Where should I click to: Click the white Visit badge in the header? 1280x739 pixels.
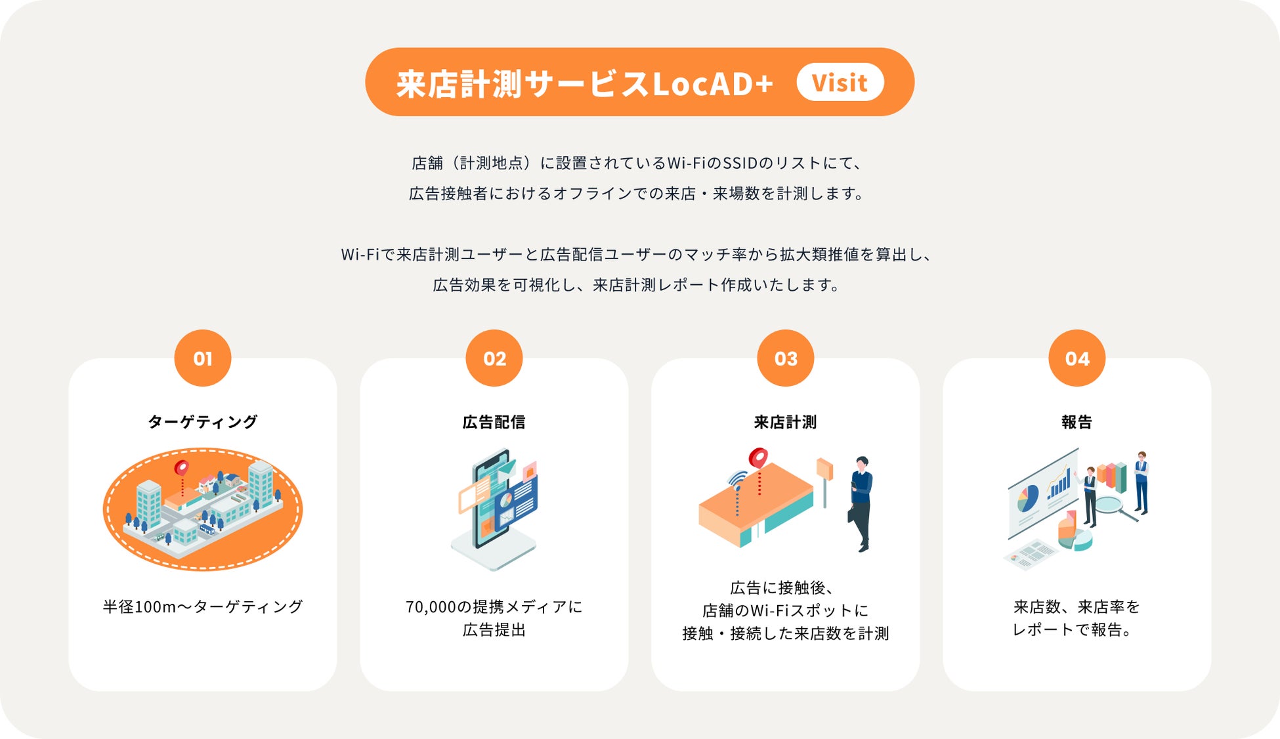click(840, 83)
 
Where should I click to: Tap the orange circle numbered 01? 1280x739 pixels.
click(203, 358)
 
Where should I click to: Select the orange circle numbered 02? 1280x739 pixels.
click(494, 358)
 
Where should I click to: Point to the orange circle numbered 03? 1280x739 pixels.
click(785, 358)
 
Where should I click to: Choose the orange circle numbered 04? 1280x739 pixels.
click(1077, 358)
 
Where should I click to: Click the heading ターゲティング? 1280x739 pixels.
click(203, 422)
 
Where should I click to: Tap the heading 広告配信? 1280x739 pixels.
click(494, 422)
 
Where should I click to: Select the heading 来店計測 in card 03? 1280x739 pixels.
click(785, 422)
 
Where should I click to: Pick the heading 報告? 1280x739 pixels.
click(1077, 422)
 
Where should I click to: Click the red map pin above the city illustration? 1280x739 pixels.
click(181, 469)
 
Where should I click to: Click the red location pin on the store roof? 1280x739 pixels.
click(758, 458)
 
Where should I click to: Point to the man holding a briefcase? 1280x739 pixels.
click(861, 502)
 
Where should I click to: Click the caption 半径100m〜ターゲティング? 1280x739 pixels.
click(203, 606)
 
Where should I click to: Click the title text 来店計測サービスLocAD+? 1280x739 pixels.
click(585, 83)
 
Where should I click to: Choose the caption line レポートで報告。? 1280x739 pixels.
click(1072, 630)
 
